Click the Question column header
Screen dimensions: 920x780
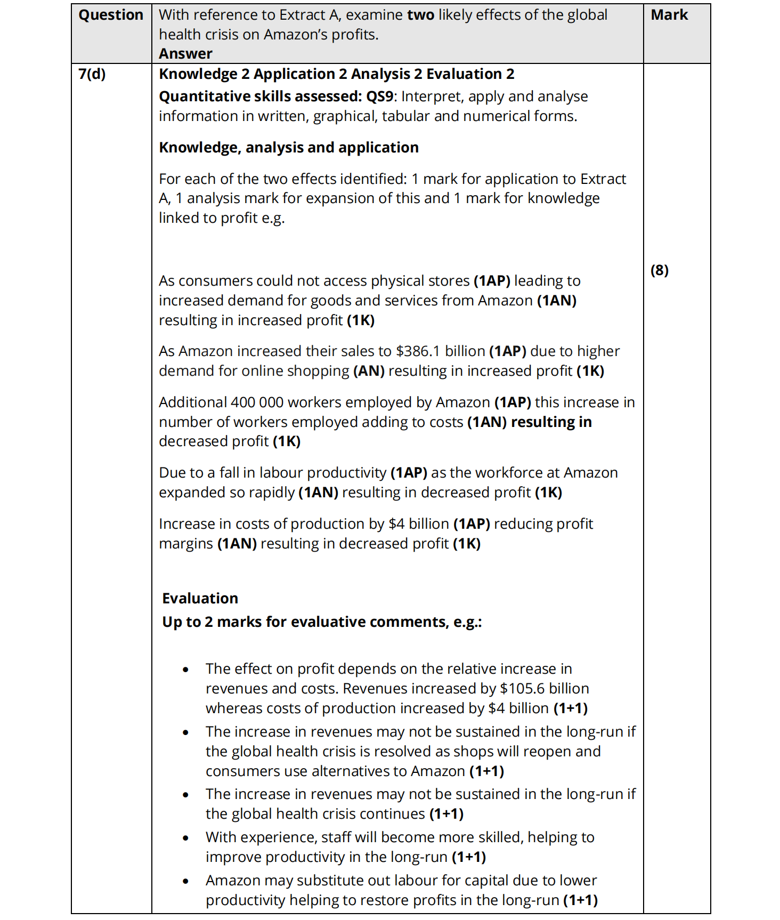(111, 15)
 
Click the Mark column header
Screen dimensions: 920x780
(669, 15)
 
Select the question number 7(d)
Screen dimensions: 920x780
(92, 74)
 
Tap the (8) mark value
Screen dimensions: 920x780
(660, 270)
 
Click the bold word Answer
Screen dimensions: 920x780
(185, 54)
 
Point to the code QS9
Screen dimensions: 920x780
(379, 96)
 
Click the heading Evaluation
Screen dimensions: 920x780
(200, 599)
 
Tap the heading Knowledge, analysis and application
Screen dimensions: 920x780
(289, 148)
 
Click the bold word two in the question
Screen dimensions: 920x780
(420, 15)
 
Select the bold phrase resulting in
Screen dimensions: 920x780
(551, 422)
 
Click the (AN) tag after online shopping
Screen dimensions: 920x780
(369, 371)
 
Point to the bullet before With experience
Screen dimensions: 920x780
(185, 838)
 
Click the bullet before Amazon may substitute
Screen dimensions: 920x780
(185, 882)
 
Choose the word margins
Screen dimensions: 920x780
(186, 544)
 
